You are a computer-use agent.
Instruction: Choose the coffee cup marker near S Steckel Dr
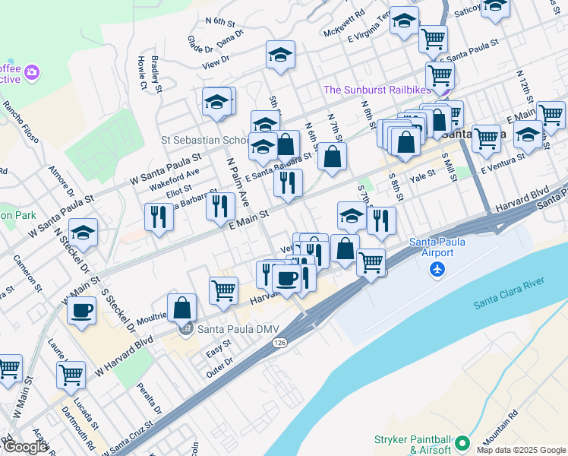pyautogui.click(x=81, y=310)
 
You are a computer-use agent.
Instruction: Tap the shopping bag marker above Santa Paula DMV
pyautogui.click(x=182, y=308)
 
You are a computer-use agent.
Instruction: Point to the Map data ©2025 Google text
pyautogui.click(x=521, y=450)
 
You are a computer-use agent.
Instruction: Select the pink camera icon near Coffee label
pyautogui.click(x=33, y=73)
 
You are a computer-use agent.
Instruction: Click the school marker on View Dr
pyautogui.click(x=280, y=55)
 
